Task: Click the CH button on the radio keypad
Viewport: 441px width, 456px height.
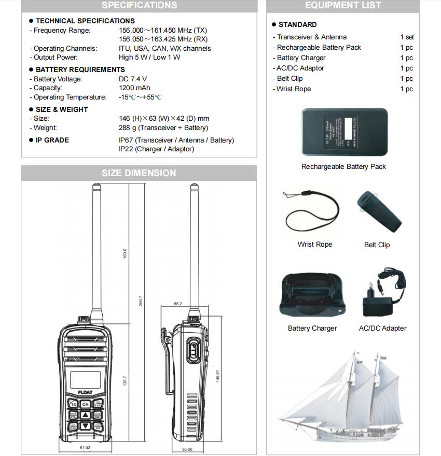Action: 86,404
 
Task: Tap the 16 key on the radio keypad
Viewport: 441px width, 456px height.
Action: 73,404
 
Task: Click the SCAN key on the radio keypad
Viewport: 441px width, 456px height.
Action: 73,426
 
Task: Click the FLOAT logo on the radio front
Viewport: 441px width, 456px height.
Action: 85,392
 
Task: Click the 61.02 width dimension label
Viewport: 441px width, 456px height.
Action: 85,448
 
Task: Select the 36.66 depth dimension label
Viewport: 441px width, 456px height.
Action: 187,449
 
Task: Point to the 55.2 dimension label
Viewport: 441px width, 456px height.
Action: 177,304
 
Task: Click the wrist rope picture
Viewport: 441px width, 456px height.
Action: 311,212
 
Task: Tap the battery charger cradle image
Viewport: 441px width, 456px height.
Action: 312,296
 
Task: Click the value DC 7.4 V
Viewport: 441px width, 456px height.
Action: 133,79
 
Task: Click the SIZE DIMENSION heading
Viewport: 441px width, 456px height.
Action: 139,173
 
